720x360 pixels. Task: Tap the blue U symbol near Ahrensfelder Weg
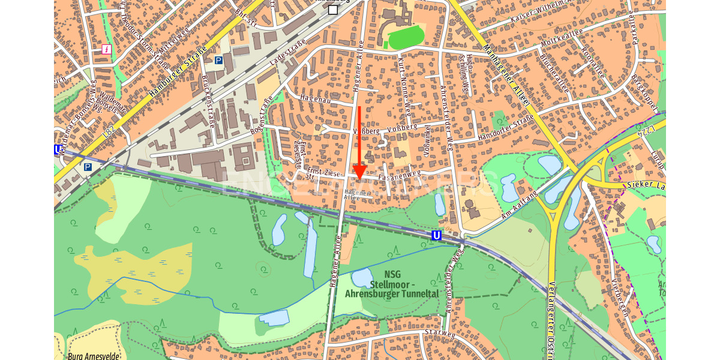pyautogui.click(x=437, y=236)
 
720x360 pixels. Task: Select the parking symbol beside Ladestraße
pyautogui.click(x=219, y=60)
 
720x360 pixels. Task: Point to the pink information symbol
pyautogui.click(x=107, y=49)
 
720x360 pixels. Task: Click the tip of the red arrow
pyautogui.click(x=359, y=179)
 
